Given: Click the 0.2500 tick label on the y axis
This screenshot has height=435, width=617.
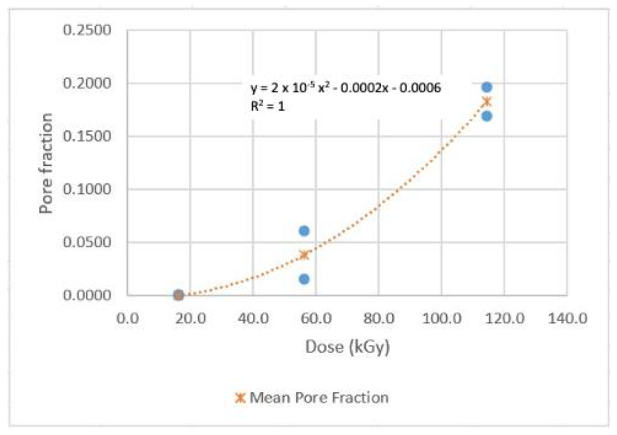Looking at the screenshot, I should (86, 30).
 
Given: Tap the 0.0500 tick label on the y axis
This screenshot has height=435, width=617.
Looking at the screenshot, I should (86, 242).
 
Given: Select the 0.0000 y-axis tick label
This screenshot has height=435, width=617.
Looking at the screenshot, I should (86, 295).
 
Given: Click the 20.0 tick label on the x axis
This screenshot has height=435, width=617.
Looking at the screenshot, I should (190, 319).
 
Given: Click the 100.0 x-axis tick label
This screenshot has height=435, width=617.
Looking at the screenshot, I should (442, 319).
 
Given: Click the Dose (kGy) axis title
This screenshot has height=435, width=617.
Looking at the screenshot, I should (347, 347).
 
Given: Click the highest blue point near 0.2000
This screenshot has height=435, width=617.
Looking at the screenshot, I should (487, 87).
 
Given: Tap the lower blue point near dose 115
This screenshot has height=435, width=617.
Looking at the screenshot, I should (487, 116).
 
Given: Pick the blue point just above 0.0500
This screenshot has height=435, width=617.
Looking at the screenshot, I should (304, 231).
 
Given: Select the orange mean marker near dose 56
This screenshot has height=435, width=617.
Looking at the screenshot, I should (304, 255).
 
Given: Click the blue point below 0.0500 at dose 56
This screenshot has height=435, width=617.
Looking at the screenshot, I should (304, 279).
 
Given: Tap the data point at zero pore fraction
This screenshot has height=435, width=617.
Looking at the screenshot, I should (178, 295).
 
